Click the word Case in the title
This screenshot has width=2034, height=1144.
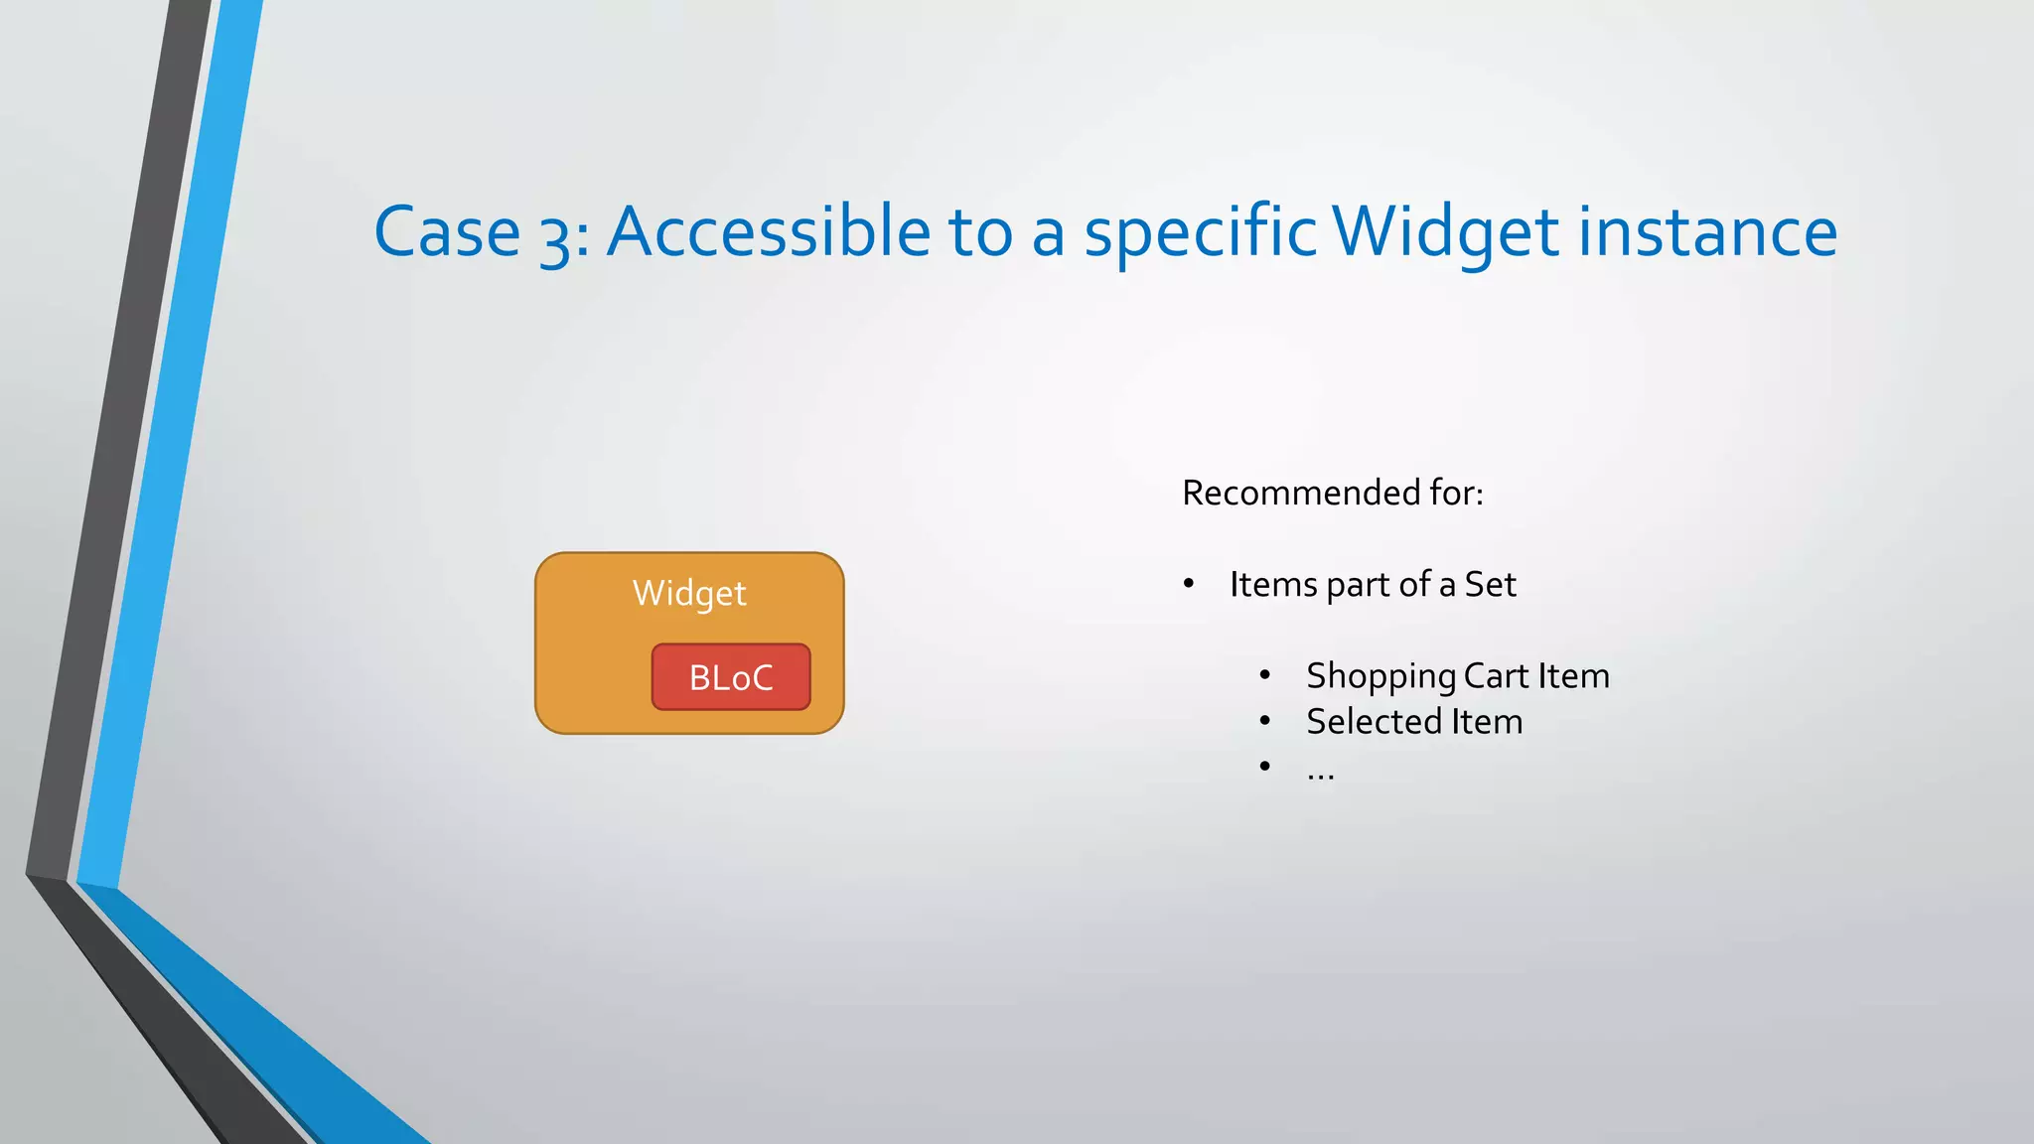[x=447, y=232]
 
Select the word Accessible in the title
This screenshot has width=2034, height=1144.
[x=768, y=232]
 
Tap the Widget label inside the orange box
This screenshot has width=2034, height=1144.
[x=689, y=593]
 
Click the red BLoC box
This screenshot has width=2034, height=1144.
[x=731, y=677]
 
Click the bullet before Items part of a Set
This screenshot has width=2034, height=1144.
[x=1188, y=584]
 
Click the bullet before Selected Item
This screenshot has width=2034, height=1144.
[x=1264, y=721]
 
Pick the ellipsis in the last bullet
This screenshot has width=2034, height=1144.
[x=1320, y=773]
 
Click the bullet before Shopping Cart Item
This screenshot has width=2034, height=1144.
[x=1264, y=675]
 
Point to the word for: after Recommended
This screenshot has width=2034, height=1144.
[x=1455, y=493]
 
